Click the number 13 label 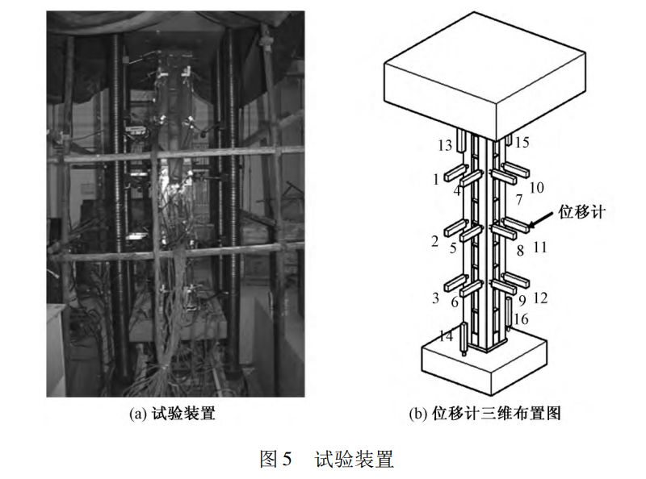click(x=445, y=145)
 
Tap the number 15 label click(x=522, y=143)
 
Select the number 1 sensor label click(x=436, y=180)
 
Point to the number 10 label click(x=536, y=188)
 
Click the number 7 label click(x=519, y=200)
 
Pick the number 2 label click(x=435, y=241)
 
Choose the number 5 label click(x=453, y=248)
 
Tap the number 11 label click(x=539, y=248)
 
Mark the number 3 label click(x=436, y=298)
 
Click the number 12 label click(x=540, y=298)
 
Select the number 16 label click(x=521, y=319)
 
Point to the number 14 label click(x=447, y=336)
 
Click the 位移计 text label click(x=581, y=212)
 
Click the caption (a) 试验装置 click(x=172, y=413)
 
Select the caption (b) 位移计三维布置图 click(x=485, y=413)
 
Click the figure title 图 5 click(x=275, y=459)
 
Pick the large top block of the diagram click(x=485, y=76)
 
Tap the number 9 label click(x=522, y=301)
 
